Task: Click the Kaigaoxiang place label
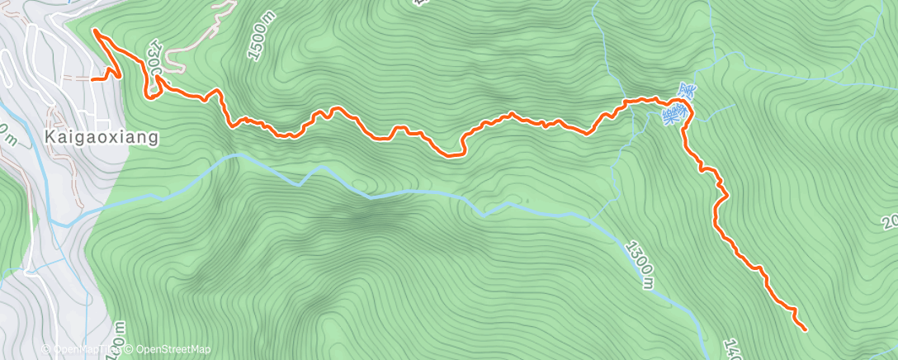click(102, 137)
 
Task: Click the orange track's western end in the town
click(92, 79)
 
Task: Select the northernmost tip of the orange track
click(94, 31)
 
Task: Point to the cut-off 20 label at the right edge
click(890, 223)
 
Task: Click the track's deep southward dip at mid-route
click(453, 153)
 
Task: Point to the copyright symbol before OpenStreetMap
click(130, 349)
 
